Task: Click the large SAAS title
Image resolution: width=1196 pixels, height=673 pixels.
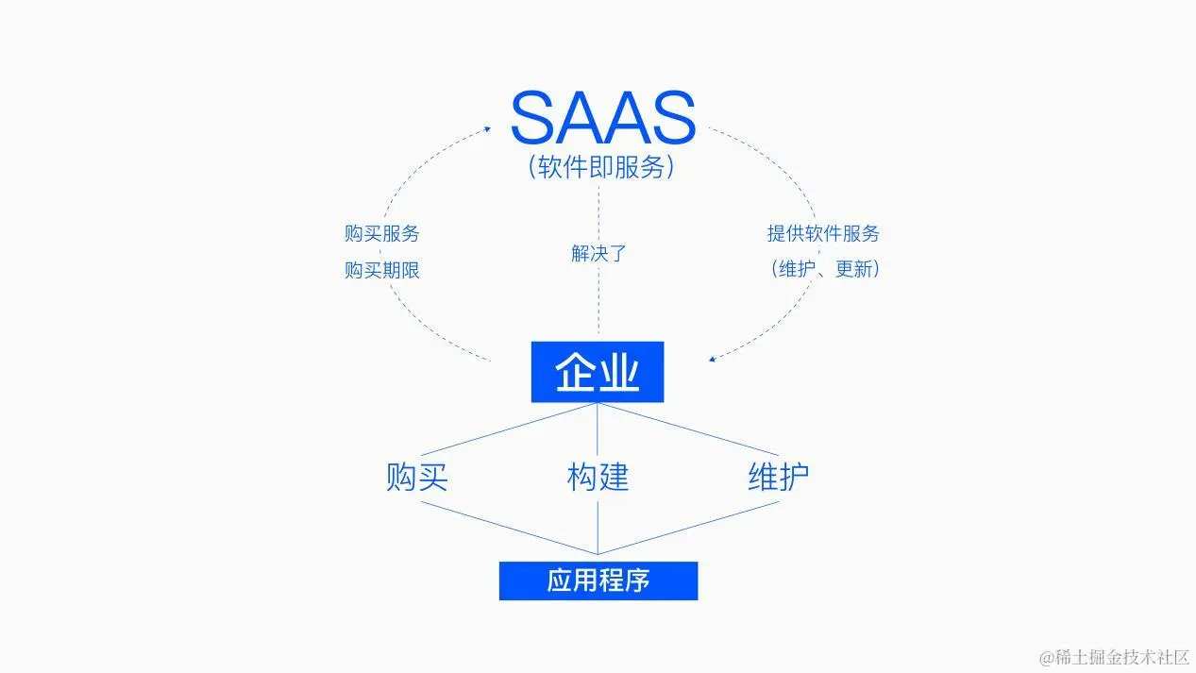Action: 602,117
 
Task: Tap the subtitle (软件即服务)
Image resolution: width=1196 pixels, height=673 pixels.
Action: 601,168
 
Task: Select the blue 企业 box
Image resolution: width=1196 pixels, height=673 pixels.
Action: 598,372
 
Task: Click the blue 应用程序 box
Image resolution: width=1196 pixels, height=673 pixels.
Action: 598,580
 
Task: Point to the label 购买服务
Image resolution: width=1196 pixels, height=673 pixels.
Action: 381,233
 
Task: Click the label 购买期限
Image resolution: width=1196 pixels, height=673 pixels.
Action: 381,270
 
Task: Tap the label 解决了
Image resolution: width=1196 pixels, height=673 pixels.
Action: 598,253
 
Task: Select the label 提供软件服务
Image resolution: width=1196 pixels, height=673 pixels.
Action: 822,233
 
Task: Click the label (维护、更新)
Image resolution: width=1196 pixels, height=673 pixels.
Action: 824,269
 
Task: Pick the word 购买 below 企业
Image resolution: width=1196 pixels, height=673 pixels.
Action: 416,477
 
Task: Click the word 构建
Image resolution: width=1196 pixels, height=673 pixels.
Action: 598,477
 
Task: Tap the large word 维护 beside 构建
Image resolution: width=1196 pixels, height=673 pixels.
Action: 778,477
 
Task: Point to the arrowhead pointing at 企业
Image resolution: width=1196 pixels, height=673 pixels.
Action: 713,359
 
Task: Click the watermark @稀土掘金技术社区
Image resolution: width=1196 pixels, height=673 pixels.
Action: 1114,656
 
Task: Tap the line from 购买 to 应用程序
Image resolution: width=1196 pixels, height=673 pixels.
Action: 510,528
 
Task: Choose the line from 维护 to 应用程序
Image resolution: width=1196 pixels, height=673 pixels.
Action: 689,528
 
